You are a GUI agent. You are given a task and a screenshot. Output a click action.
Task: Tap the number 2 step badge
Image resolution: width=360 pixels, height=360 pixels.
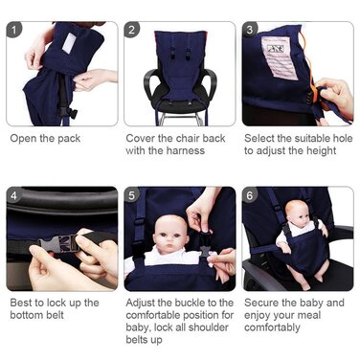[132, 30]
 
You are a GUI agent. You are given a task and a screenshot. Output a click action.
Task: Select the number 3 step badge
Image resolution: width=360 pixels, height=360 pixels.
[250, 30]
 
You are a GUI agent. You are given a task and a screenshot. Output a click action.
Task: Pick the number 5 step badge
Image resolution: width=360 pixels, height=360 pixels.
[132, 195]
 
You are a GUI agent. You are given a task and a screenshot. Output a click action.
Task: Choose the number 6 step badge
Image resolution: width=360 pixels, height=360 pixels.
[250, 195]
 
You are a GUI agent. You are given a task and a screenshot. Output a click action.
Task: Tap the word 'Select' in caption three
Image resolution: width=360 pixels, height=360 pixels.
[261, 137]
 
